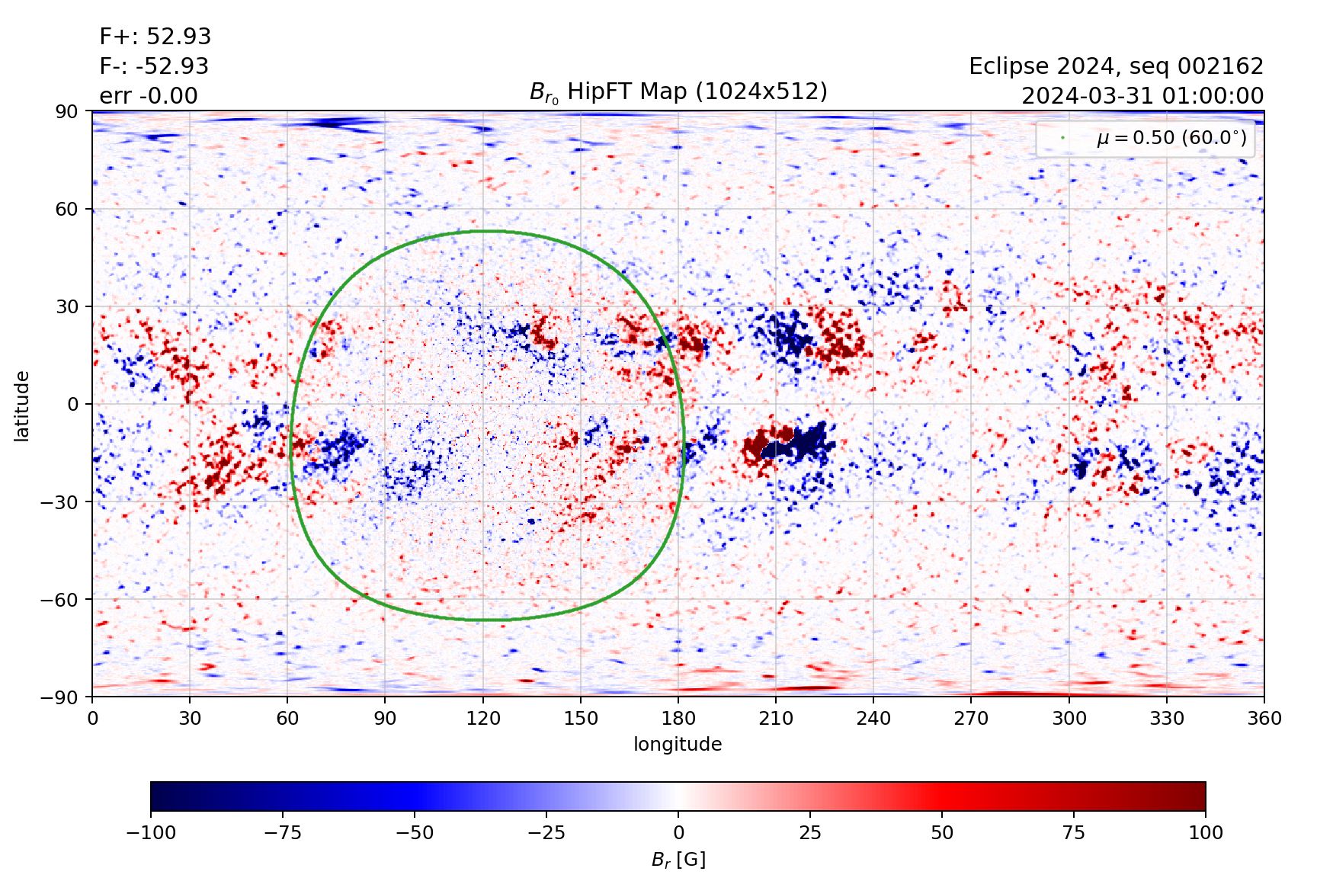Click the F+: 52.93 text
click(155, 37)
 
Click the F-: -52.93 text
click(153, 66)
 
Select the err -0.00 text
click(148, 96)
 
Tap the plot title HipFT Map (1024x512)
click(678, 91)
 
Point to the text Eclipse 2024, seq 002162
click(1116, 66)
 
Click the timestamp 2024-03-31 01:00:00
click(1142, 96)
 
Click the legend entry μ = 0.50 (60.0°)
click(1171, 138)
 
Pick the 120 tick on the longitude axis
click(483, 718)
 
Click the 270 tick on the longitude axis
click(971, 718)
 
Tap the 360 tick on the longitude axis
click(1264, 718)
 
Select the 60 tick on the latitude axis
click(67, 209)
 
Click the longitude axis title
click(678, 744)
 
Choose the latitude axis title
click(22, 405)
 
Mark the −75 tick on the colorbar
click(282, 832)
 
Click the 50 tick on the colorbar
click(942, 832)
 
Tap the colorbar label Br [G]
click(678, 860)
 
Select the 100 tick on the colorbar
click(1205, 832)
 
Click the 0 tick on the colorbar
click(678, 832)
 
